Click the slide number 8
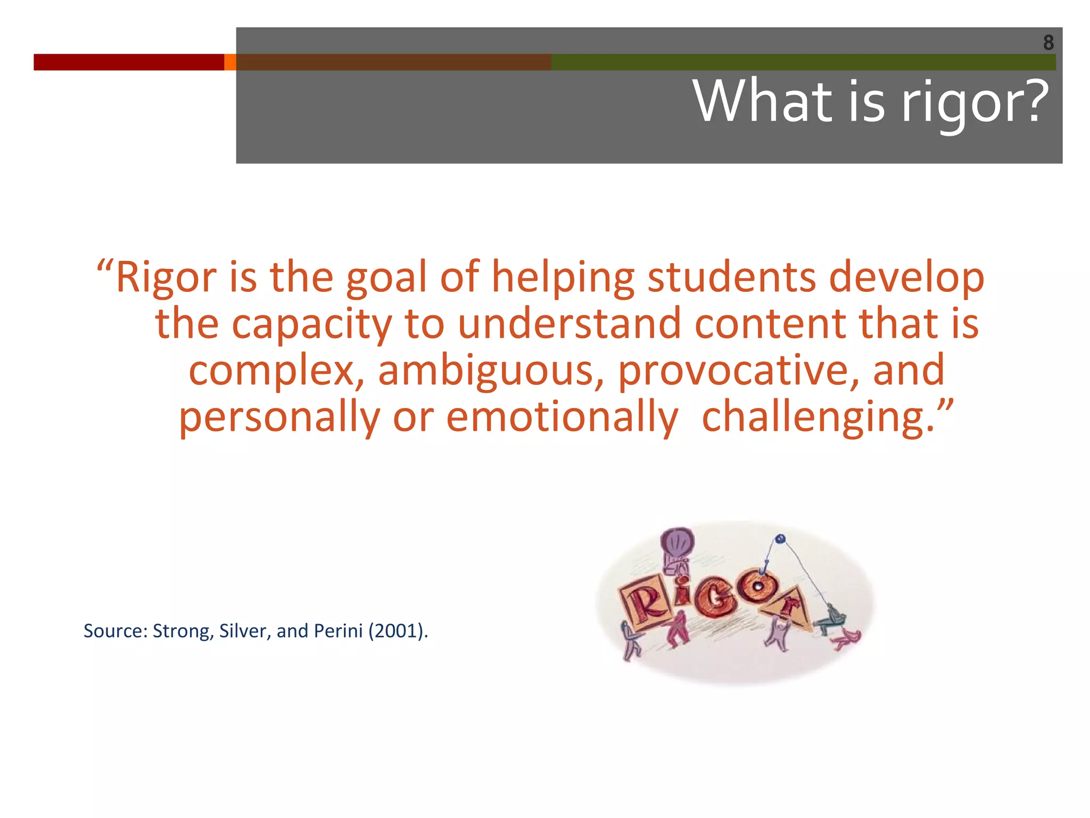point(1048,42)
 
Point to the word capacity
point(311,324)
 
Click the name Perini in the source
point(338,631)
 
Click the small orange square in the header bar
point(230,62)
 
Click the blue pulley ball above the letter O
point(780,539)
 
